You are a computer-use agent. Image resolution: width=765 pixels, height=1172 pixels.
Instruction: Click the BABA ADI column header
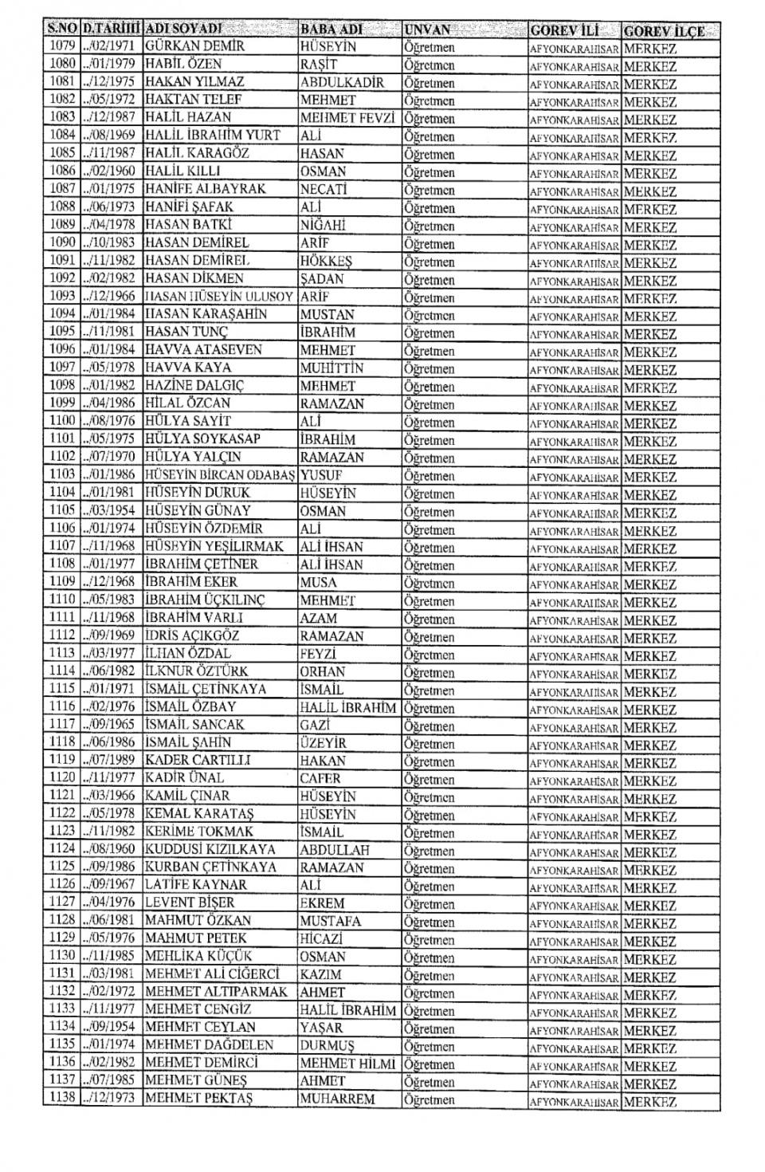click(331, 29)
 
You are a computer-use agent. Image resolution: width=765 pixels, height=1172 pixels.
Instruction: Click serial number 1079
click(61, 45)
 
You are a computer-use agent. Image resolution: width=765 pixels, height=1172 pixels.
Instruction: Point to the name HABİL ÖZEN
click(183, 64)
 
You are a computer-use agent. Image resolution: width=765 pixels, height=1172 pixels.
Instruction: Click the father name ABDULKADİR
click(342, 82)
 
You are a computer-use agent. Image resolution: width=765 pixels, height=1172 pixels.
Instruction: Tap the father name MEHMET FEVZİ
click(347, 118)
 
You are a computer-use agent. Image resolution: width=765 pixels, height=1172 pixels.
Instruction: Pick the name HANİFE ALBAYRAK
click(205, 189)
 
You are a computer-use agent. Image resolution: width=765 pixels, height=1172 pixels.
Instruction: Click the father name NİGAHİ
click(323, 225)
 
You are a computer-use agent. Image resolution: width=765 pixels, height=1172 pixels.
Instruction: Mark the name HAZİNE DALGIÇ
click(194, 386)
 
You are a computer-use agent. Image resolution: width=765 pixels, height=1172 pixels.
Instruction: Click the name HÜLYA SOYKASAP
click(202, 439)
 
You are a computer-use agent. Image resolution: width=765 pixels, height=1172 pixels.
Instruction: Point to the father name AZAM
click(319, 618)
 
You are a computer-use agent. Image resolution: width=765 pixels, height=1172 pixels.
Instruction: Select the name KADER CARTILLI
click(198, 761)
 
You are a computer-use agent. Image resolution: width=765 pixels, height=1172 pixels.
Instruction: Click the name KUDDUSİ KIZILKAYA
click(210, 850)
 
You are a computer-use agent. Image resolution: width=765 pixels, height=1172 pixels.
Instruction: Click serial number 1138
click(61, 1099)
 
